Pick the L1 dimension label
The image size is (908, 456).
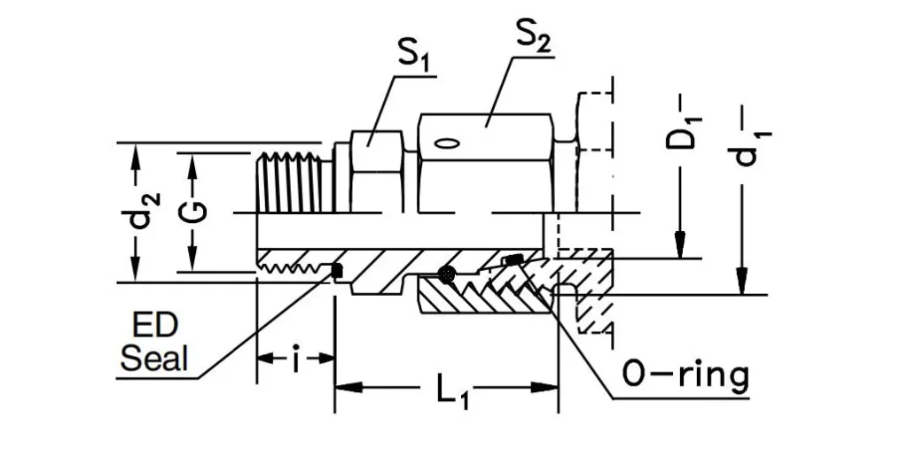point(450,390)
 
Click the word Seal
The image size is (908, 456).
point(155,359)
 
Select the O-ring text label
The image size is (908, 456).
point(685,375)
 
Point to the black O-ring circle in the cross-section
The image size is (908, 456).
point(448,275)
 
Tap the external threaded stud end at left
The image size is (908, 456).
point(292,182)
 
